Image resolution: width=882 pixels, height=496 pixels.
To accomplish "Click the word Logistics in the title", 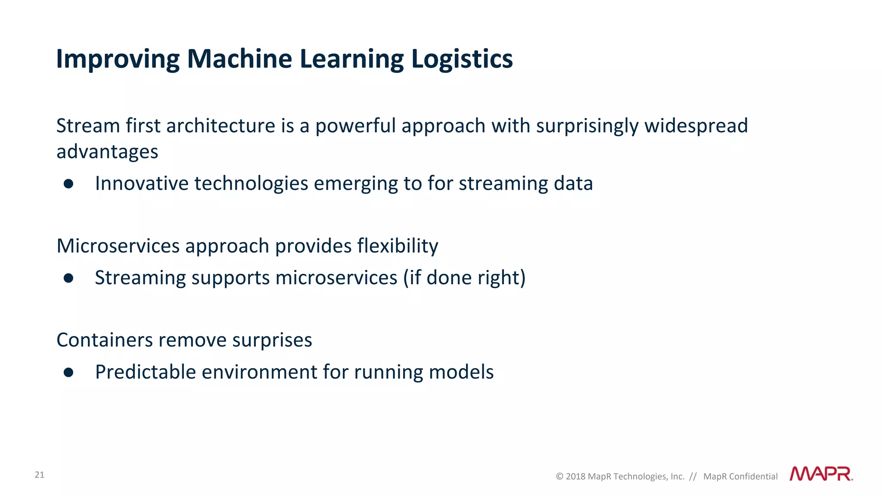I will pos(462,59).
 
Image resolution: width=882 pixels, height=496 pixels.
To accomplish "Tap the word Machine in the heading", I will pos(239,59).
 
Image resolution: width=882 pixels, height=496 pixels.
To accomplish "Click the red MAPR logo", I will pos(821,474).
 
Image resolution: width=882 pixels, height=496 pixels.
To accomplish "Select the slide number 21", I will pos(39,475).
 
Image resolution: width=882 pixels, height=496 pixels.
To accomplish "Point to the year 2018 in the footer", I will pos(575,477).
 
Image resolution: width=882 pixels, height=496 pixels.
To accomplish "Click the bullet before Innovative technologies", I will pos(68,184).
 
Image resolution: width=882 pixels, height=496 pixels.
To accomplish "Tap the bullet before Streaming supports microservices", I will pos(68,278).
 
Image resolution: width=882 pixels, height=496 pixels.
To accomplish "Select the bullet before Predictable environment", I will pos(68,372).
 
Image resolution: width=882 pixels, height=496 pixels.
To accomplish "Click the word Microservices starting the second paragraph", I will pos(118,246).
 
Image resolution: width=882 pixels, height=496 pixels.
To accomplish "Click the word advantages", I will pos(107,152).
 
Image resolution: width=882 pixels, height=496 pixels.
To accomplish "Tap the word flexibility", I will pos(398,246).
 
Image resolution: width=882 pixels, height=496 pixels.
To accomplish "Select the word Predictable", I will pos(146,372).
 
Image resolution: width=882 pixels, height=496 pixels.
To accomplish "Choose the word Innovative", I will pos(142,183).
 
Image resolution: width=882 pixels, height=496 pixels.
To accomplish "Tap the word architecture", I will pos(220,126).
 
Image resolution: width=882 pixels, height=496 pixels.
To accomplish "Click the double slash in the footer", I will pos(693,477).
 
